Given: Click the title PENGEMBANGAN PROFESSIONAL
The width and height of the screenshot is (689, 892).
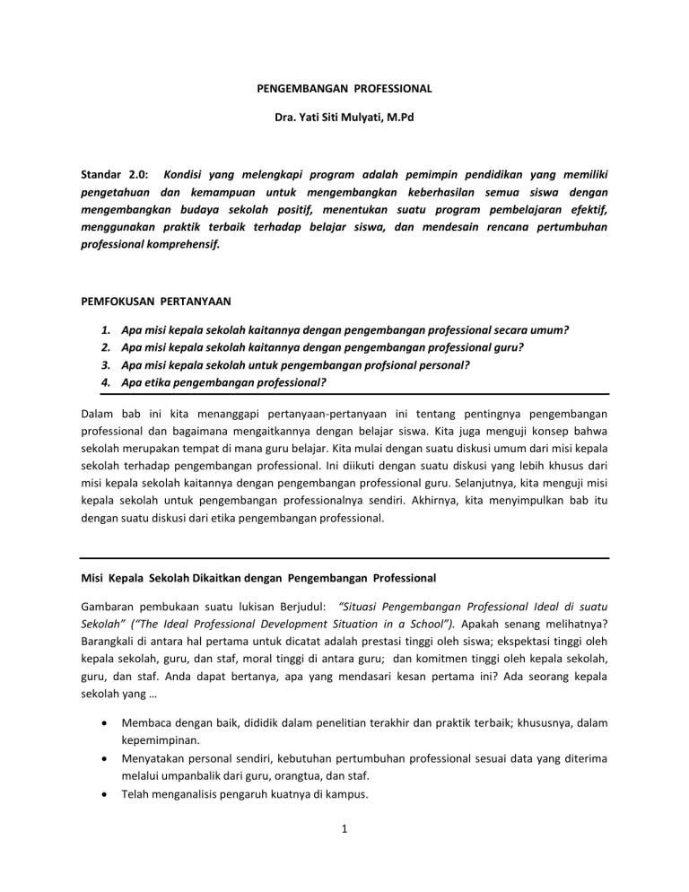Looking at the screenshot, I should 344,88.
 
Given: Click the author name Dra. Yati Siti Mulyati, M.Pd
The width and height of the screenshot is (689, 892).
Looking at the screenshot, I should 344,118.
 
